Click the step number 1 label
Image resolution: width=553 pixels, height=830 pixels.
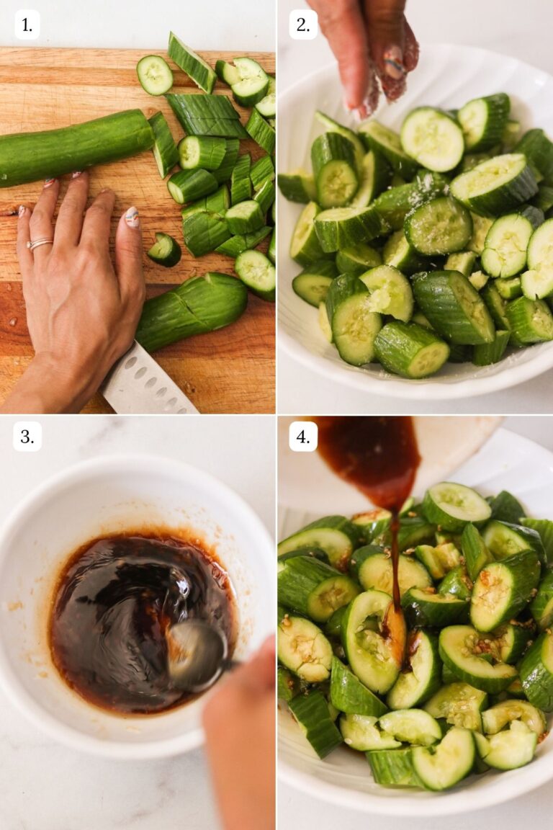(x=27, y=25)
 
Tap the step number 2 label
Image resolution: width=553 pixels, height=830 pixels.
(x=303, y=25)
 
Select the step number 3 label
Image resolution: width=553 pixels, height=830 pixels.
(x=27, y=437)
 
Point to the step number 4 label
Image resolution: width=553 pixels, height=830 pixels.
(x=303, y=437)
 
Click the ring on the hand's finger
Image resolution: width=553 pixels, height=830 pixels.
(x=39, y=244)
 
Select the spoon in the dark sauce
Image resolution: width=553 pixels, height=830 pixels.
(x=196, y=653)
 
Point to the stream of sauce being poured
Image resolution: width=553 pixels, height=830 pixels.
(x=394, y=562)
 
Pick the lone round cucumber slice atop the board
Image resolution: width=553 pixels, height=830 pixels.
(x=155, y=75)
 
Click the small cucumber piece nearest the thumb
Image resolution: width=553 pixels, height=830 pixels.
(x=165, y=249)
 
